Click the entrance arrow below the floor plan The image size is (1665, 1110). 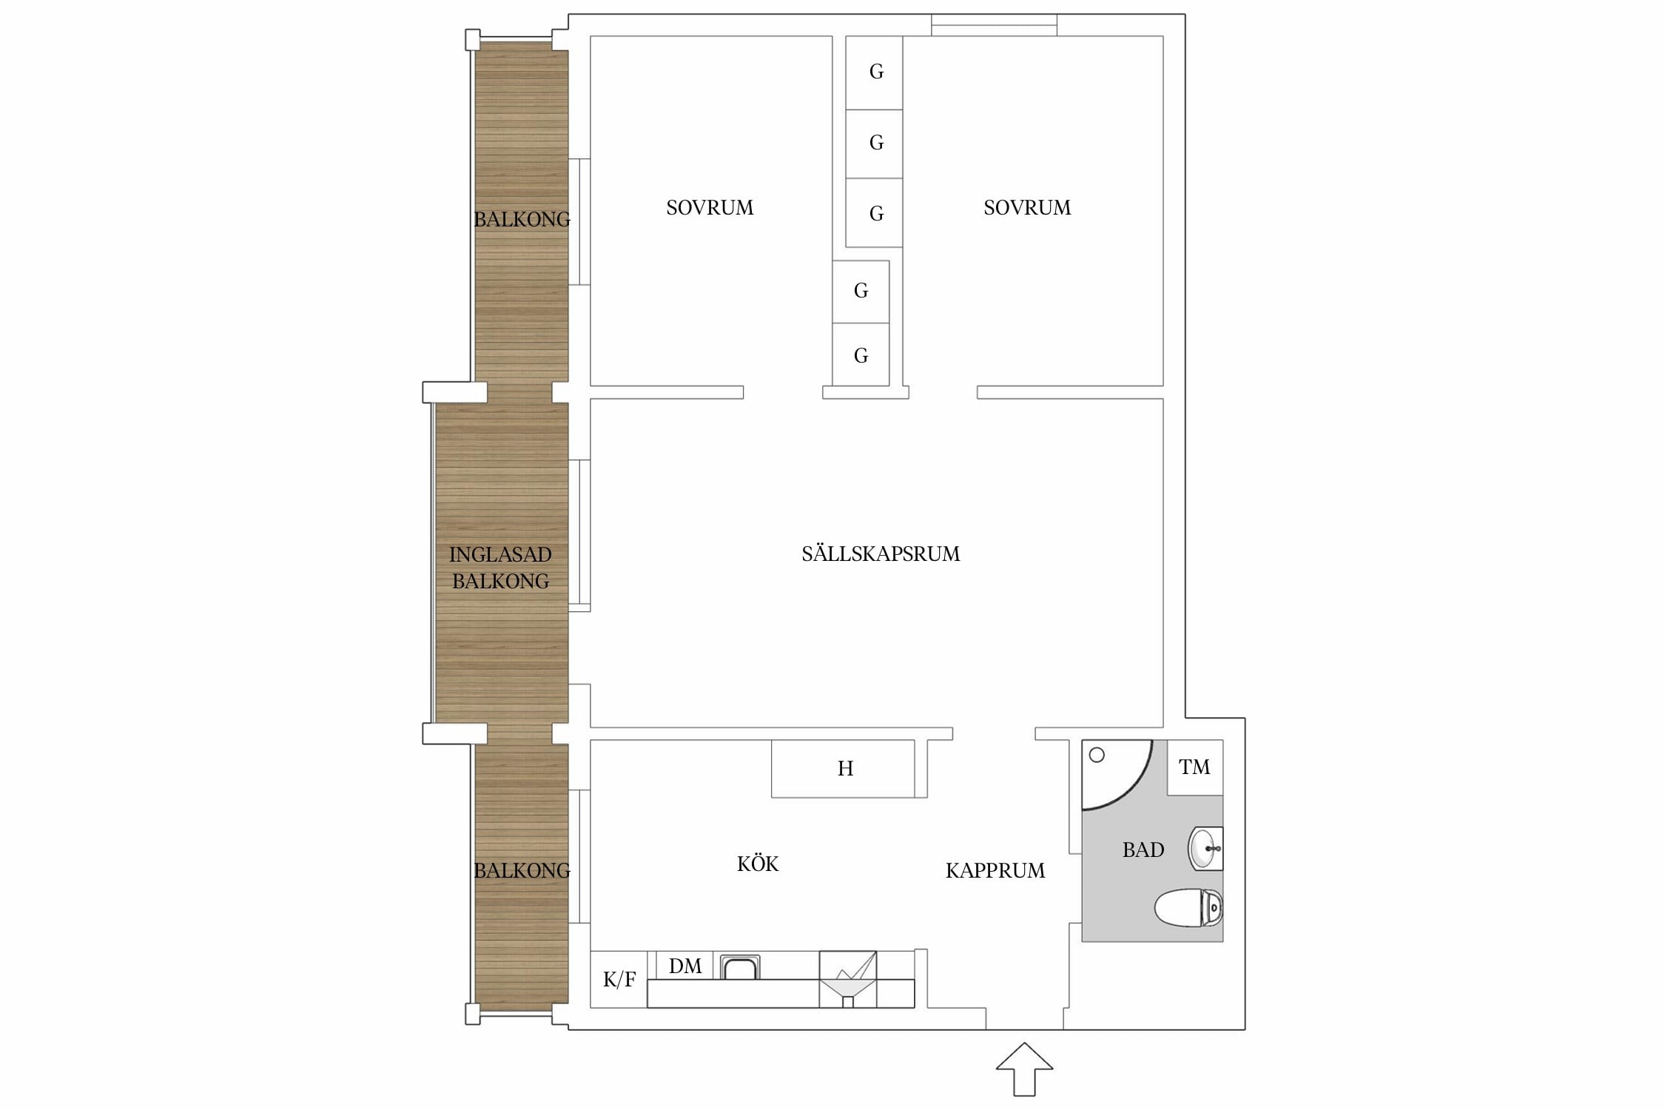[1024, 1069]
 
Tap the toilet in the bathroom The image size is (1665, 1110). [1188, 908]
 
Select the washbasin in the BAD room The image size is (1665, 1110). [1205, 848]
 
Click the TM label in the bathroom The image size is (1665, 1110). [1194, 767]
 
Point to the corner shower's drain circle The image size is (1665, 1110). [1097, 755]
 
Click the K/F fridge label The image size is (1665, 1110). [619, 980]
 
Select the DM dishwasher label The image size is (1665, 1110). [685, 966]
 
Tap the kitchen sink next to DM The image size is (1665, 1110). [740, 967]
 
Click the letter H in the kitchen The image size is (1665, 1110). [845, 769]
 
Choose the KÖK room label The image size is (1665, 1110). [758, 864]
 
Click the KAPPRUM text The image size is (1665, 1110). [995, 870]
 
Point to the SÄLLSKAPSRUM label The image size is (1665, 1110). [881, 554]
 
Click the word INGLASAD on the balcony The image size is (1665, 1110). [500, 554]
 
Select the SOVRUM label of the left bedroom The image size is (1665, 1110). [710, 207]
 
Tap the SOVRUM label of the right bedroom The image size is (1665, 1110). [1027, 207]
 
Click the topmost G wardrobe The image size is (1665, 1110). [874, 73]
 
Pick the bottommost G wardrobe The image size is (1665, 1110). [861, 354]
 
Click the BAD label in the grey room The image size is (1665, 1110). [1143, 850]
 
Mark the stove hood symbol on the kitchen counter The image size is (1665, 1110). [848, 979]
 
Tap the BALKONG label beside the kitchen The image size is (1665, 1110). [522, 870]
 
